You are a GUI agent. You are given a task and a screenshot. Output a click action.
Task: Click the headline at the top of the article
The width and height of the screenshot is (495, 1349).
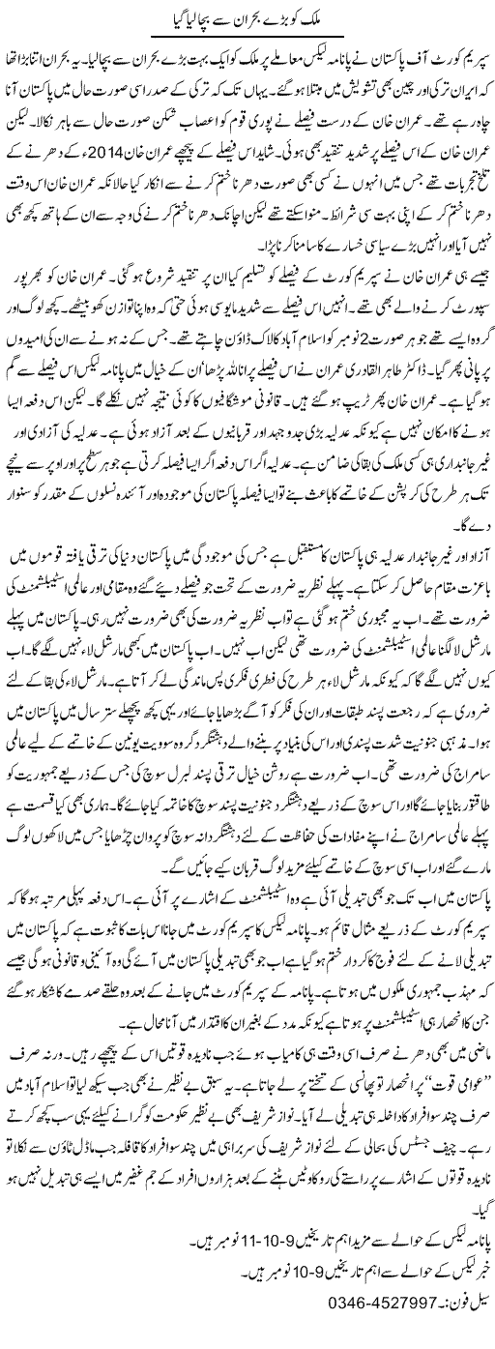pyautogui.click(x=247, y=16)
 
